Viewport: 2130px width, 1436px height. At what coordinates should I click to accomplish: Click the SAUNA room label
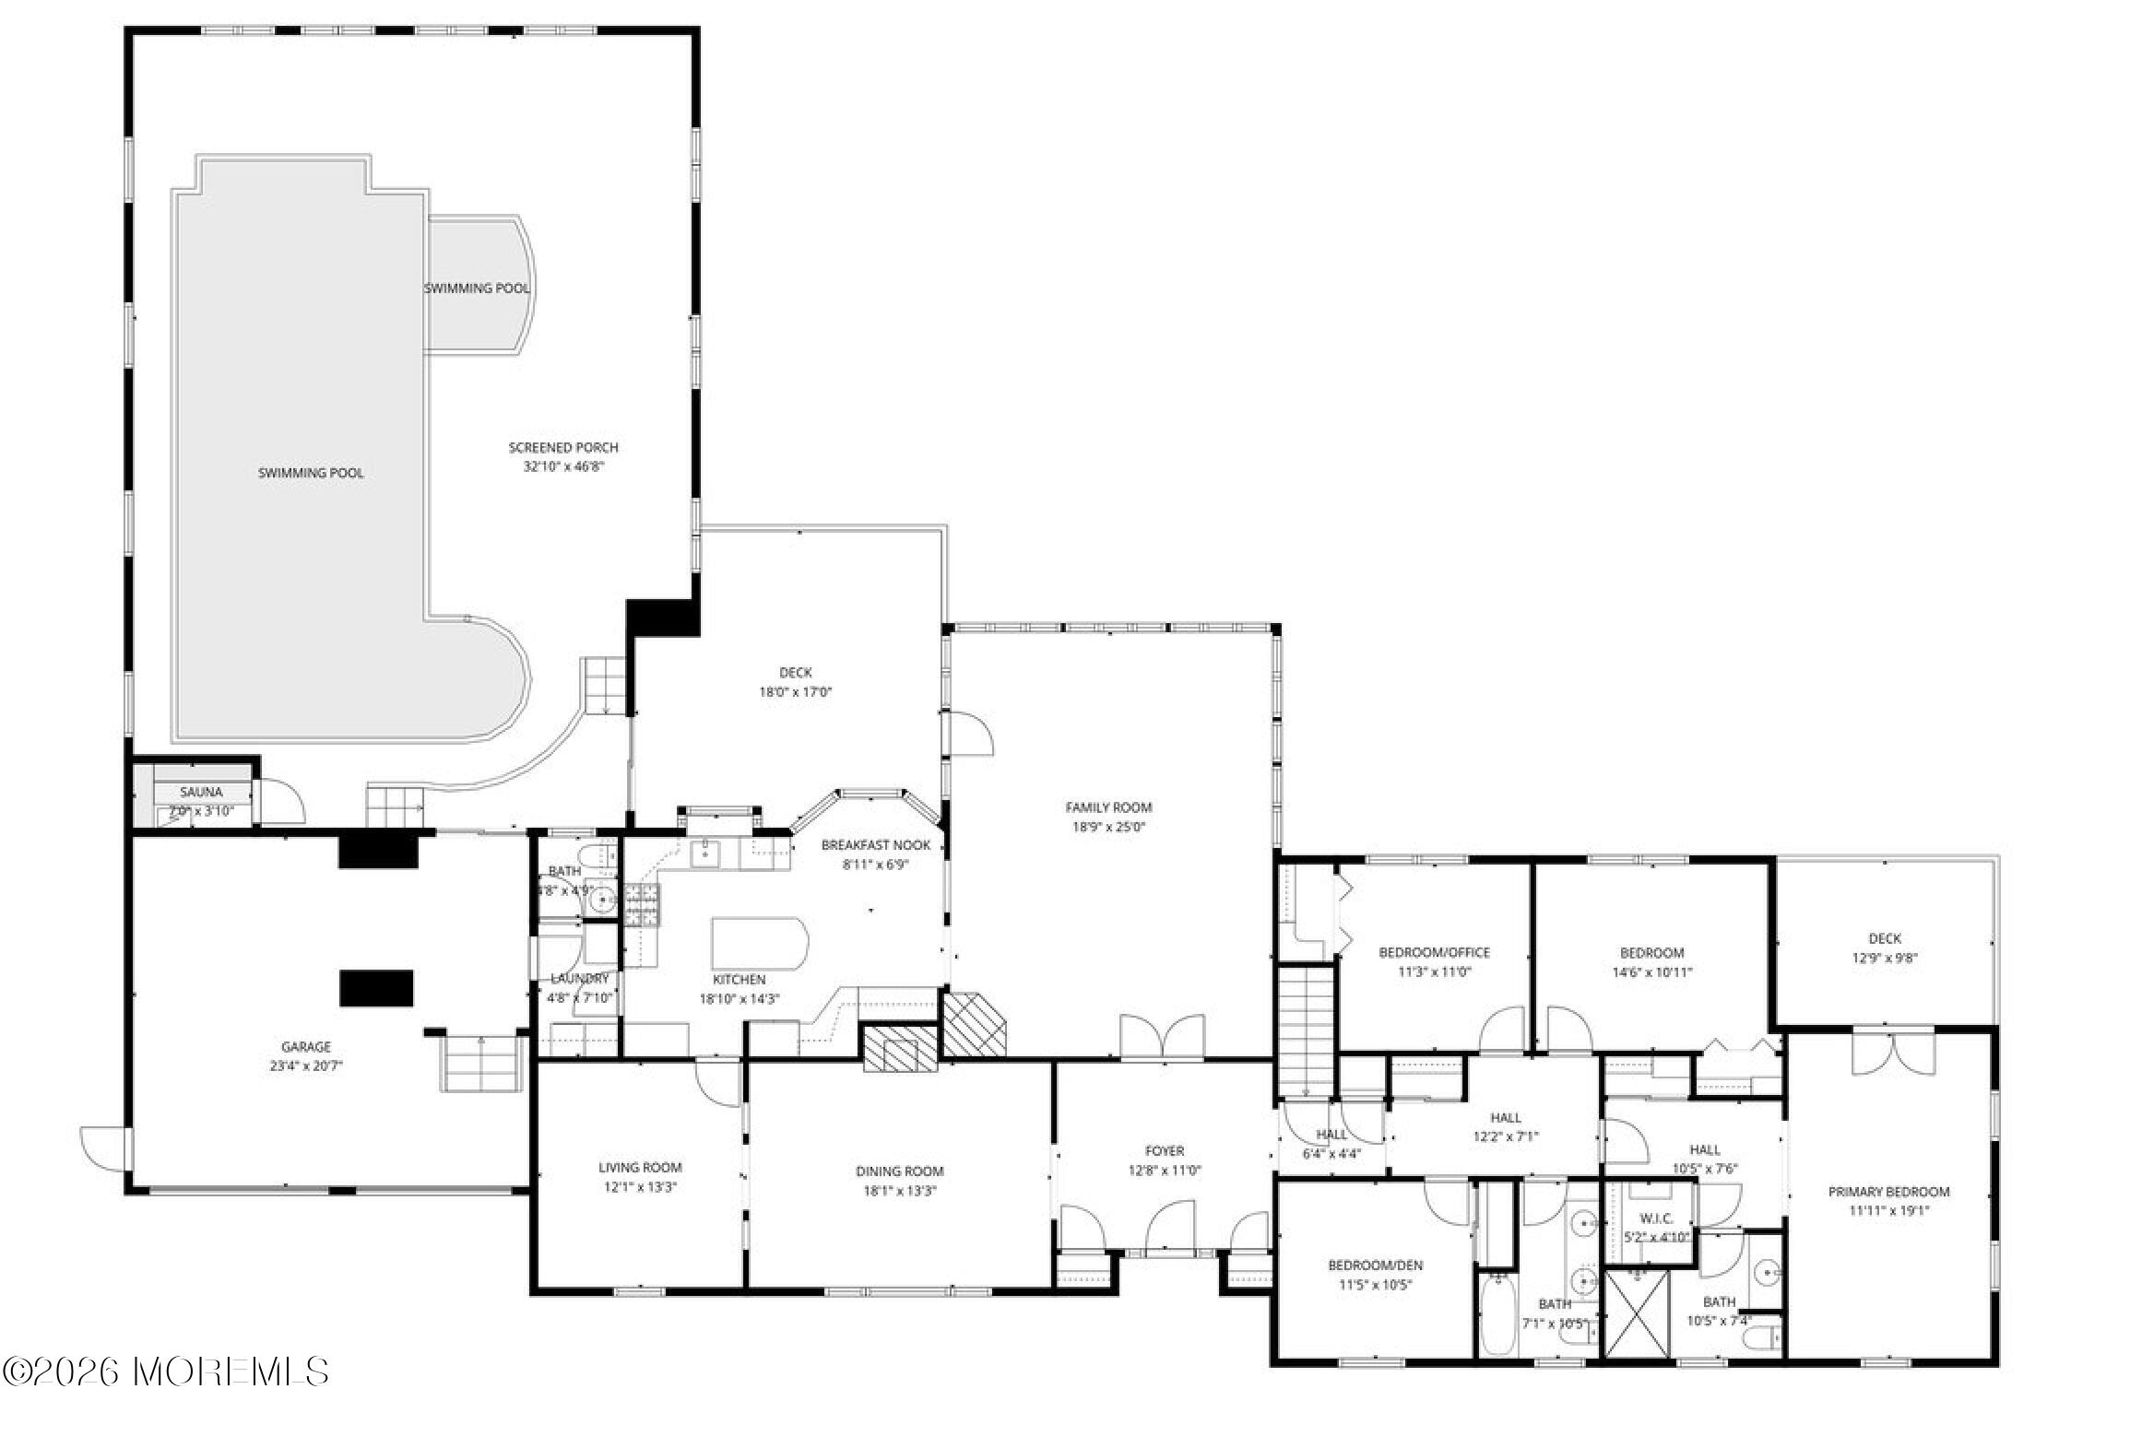[200, 792]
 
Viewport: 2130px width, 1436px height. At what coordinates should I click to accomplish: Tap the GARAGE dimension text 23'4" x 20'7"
[305, 1065]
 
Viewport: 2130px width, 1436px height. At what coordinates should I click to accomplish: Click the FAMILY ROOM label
[1108, 807]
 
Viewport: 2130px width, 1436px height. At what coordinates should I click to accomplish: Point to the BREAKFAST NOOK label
[875, 845]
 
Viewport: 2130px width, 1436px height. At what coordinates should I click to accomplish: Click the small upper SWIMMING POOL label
[477, 288]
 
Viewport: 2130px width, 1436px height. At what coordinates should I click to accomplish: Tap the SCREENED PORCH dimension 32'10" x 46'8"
[563, 467]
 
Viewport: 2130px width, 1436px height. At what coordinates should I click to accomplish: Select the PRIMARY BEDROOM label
[1889, 1192]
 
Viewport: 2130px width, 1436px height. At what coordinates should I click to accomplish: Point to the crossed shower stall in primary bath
[1637, 1313]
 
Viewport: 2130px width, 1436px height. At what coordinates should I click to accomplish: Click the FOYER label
[1164, 1151]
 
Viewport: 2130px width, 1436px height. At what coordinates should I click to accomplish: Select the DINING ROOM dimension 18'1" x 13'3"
[899, 1190]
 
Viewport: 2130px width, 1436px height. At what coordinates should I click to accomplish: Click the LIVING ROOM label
[640, 1168]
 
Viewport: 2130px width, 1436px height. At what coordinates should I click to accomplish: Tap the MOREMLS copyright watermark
[166, 1371]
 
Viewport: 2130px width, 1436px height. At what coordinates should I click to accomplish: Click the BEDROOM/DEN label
[1375, 1265]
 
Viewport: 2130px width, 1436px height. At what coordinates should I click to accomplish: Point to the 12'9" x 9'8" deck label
[1885, 958]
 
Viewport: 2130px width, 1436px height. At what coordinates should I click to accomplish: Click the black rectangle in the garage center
[376, 988]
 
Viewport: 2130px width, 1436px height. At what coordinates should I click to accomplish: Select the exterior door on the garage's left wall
[104, 1148]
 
